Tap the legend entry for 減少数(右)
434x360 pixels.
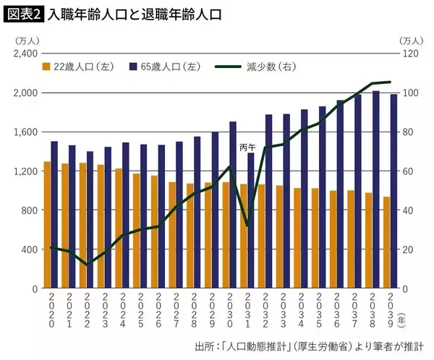point(250,67)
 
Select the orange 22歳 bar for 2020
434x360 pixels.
point(47,225)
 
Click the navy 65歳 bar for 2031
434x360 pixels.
point(251,220)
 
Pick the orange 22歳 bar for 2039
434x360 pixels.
point(386,242)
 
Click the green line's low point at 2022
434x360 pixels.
point(87,265)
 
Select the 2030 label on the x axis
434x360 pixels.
point(229,312)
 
